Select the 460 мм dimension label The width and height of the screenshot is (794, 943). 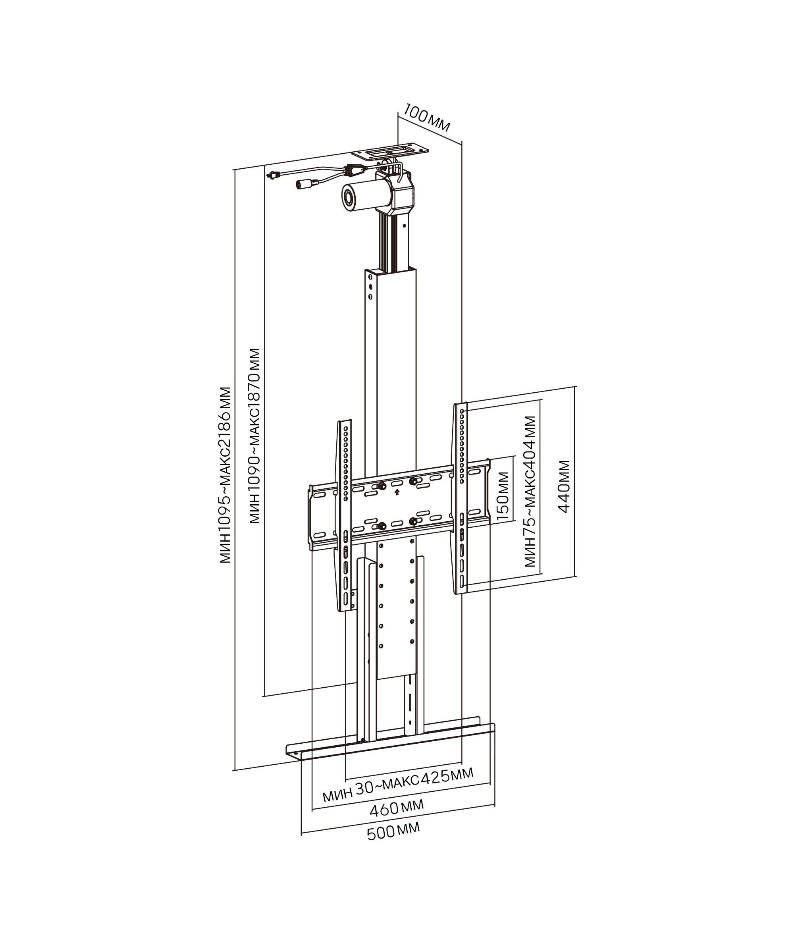coord(397,807)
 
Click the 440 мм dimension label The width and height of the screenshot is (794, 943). coord(564,486)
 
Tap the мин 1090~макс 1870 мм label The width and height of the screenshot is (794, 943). coord(255,436)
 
